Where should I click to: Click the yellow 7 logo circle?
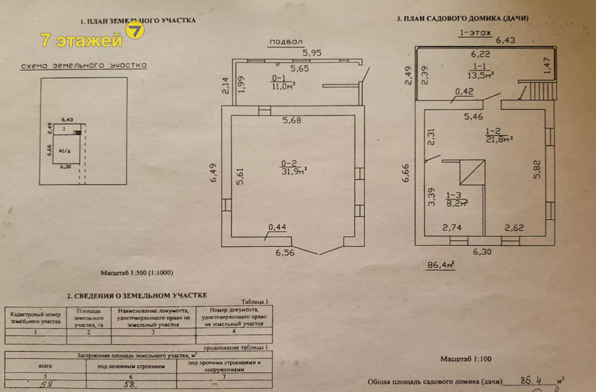coord(135,30)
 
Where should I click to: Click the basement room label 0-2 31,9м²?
coord(293,168)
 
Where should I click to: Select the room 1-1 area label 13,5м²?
coord(480,75)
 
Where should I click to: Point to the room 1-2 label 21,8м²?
coord(499,139)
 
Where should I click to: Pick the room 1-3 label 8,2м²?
coord(457,203)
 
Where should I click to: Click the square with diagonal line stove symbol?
coord(472,172)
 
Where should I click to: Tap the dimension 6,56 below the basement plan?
coord(285,253)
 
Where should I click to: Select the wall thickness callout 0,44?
coord(277,227)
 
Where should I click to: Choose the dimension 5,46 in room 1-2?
coord(473,117)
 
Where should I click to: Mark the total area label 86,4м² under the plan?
coord(440,265)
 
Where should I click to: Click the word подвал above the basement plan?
coord(286,42)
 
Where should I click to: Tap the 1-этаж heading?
coord(475,33)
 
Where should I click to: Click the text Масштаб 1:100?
coord(466,359)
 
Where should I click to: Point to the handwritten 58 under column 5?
coord(46,384)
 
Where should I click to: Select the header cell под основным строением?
coord(131,367)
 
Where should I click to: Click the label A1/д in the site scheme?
coord(65,151)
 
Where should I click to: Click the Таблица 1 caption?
coord(255,302)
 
